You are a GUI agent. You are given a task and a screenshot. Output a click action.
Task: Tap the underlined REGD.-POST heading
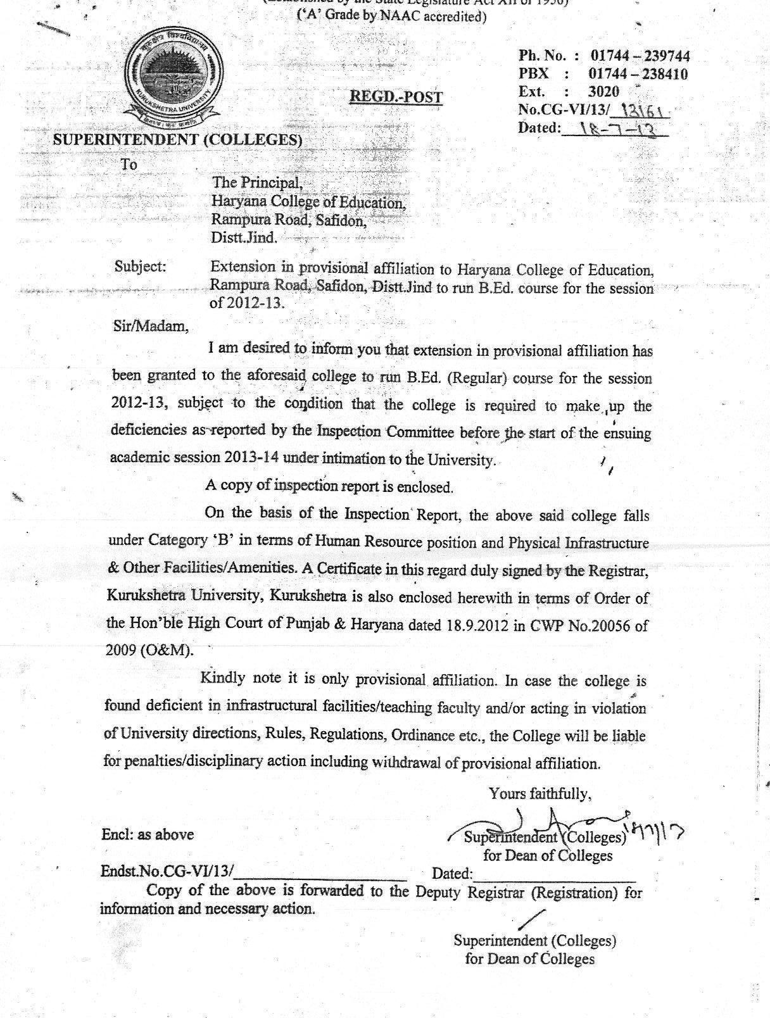pyautogui.click(x=396, y=97)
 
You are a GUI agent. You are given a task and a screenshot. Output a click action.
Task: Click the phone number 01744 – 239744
pyautogui.click(x=640, y=56)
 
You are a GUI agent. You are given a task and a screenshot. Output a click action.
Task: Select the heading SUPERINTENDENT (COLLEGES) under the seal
pyautogui.click(x=177, y=140)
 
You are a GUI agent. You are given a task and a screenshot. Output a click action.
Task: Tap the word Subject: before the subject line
pyautogui.click(x=140, y=267)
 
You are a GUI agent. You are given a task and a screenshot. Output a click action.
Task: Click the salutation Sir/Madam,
pyautogui.click(x=150, y=327)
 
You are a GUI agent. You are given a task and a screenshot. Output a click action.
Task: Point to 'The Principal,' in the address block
pyautogui.click(x=257, y=183)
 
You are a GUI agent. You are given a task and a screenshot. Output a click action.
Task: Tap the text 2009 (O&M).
pyautogui.click(x=149, y=651)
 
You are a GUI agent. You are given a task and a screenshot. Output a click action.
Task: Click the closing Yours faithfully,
pyautogui.click(x=540, y=793)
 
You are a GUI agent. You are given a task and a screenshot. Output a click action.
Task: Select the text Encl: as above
pyautogui.click(x=148, y=834)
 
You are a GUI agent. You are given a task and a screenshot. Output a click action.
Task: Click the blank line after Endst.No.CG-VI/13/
pyautogui.click(x=320, y=874)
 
